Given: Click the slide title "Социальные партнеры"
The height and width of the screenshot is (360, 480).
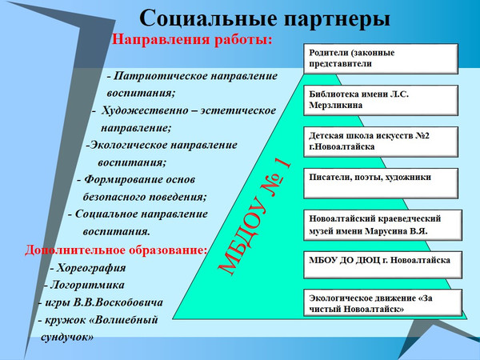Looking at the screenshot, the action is pos(265,18).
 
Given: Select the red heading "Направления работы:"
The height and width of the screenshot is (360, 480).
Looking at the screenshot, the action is pos(192,39).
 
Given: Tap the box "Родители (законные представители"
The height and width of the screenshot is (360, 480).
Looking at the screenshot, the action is pos(381,58).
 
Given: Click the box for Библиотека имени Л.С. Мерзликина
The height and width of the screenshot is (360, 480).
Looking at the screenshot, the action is pos(381,101).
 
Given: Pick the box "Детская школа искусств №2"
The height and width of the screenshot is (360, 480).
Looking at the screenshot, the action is pos(381,142).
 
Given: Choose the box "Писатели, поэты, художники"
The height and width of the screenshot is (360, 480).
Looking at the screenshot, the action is pos(381,183).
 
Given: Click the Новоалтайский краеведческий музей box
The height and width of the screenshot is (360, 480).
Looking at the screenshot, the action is pos(382,225).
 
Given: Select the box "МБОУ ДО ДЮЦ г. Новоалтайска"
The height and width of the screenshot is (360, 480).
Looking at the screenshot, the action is pos(382,265).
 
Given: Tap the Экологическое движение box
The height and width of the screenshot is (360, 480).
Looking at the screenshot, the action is pos(382,302).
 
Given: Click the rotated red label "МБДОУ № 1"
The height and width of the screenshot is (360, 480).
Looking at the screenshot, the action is pos(254,217).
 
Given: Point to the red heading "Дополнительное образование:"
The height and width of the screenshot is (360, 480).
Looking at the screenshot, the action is pos(116,250).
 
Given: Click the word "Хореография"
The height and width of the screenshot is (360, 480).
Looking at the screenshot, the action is pos(91,268).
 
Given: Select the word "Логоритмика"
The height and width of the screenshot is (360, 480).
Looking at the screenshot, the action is pos(87,285).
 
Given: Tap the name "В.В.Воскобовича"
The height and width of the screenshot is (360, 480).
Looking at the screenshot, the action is pos(118,302).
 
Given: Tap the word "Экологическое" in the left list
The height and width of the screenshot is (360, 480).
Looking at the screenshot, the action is pos(129,145).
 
